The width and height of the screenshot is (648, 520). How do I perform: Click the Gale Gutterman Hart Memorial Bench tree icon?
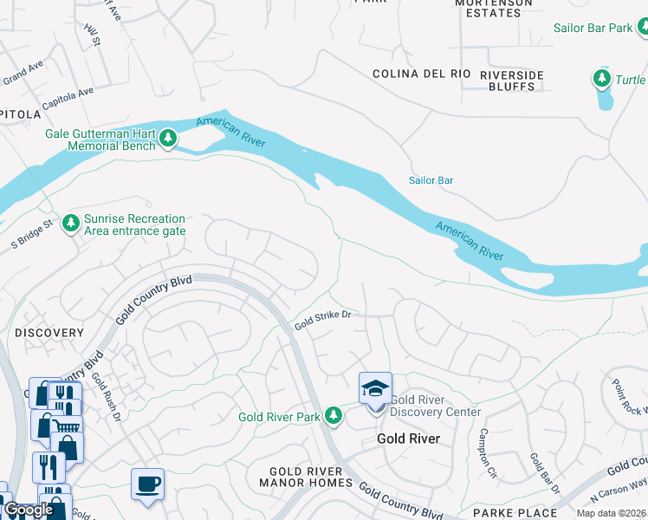[x=167, y=139]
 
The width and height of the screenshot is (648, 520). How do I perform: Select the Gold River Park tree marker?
[x=334, y=417]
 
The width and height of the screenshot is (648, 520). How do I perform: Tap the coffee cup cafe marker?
[x=147, y=484]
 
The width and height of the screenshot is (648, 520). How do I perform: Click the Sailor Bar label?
[x=431, y=180]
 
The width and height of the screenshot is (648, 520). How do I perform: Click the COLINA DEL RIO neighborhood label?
[x=422, y=75]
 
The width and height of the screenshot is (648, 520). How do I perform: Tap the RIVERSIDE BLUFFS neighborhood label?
[x=512, y=81]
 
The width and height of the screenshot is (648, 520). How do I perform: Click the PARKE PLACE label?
[x=515, y=513]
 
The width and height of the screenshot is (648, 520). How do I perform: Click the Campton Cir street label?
[x=488, y=453]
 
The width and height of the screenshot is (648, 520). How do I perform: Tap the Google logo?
[x=29, y=510]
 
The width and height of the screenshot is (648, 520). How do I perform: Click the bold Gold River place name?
[x=408, y=439]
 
